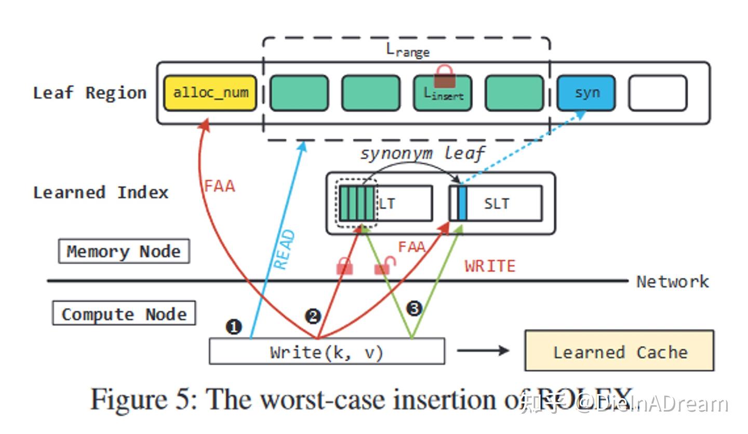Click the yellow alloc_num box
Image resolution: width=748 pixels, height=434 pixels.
click(210, 93)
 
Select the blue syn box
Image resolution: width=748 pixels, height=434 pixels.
click(586, 93)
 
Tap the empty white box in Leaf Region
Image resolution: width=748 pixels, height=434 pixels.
click(657, 93)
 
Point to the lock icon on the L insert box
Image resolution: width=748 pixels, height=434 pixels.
click(445, 76)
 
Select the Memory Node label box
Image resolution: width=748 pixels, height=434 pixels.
click(124, 252)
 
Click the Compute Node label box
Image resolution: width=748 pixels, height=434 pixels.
click(124, 314)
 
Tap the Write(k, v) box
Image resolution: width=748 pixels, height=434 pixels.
click(327, 352)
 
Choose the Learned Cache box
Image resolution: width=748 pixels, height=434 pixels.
click(619, 351)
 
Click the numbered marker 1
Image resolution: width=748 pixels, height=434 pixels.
click(234, 327)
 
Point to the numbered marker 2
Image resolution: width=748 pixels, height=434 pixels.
click(313, 316)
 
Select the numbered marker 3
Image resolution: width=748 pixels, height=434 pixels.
click(414, 309)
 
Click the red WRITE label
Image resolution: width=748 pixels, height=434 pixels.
click(490, 266)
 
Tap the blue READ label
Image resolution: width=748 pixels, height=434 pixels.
click(284, 250)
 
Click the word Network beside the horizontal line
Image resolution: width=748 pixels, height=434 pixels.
click(672, 282)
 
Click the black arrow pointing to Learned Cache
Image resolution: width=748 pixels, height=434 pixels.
click(483, 351)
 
